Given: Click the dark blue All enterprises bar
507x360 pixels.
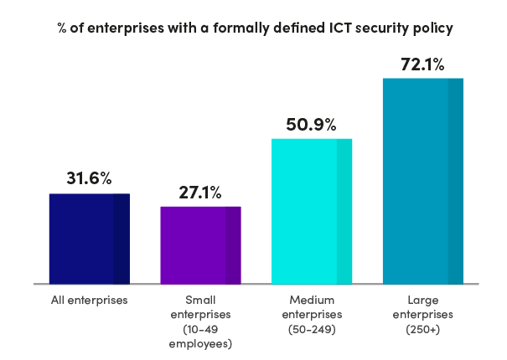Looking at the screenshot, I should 89,239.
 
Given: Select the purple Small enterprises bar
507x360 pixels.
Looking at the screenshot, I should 200,245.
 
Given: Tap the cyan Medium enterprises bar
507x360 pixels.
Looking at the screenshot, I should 312,212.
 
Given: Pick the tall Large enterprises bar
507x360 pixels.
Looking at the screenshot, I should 423,182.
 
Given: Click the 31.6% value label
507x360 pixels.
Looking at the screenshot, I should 89,178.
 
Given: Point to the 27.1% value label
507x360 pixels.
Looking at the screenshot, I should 200,193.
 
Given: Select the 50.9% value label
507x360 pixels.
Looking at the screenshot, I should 312,125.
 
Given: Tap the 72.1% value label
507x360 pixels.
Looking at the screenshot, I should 423,64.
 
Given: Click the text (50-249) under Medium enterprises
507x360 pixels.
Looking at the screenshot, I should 312,329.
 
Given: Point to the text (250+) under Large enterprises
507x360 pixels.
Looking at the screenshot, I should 423,329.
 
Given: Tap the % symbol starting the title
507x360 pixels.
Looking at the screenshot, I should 62,28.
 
